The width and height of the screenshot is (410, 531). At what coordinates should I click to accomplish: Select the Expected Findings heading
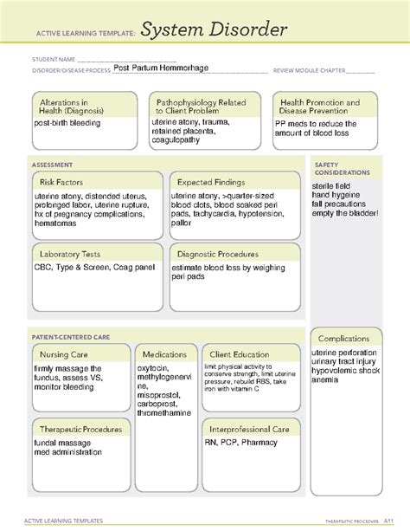point(210,183)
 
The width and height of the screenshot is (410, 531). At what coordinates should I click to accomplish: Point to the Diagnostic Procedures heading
point(218,255)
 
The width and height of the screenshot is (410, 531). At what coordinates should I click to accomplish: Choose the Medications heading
point(165,355)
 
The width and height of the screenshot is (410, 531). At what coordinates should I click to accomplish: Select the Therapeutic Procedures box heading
point(80,429)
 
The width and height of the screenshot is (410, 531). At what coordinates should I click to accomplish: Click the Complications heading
point(345,339)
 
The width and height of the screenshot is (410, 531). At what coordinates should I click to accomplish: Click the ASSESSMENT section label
point(51,164)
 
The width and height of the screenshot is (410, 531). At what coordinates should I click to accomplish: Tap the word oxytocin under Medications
point(153,367)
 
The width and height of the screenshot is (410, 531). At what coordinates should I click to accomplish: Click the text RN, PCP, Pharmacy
point(241,442)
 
